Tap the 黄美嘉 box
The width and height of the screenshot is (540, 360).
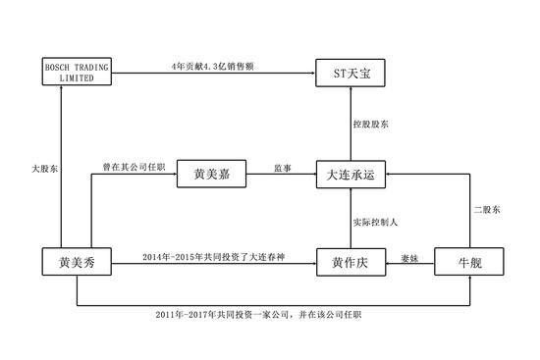[x=208, y=176]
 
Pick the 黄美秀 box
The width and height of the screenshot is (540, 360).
[x=76, y=263]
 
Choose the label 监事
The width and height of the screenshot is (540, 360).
[x=280, y=168]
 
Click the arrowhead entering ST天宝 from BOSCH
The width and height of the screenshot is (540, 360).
[x=310, y=72]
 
